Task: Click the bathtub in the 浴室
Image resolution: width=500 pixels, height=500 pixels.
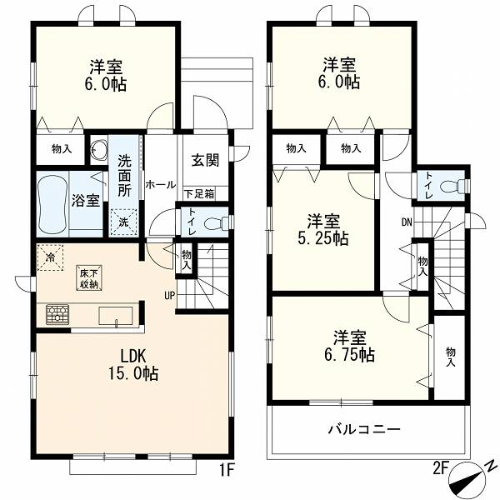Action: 52,204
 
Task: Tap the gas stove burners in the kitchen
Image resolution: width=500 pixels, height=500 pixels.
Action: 57,314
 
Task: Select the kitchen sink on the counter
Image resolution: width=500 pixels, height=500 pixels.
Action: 116,316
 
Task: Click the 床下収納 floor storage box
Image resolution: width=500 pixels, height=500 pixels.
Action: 89,277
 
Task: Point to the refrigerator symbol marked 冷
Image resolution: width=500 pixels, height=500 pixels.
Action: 50,257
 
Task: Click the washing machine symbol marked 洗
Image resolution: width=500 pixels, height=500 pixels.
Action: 123,222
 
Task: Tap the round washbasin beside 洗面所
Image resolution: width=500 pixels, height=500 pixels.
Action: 97,149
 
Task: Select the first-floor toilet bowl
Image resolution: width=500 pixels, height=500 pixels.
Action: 215,222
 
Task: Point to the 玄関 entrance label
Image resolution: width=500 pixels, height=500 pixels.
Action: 206,160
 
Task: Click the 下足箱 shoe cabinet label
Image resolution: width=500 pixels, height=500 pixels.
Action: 199,193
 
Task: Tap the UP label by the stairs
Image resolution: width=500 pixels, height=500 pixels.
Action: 169,296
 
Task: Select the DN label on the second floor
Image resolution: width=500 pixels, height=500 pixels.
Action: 407,222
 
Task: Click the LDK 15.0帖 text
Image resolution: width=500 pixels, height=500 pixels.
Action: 133,363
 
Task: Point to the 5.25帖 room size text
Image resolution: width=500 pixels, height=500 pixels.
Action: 323,238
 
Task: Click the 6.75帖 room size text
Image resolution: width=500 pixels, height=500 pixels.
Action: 349,354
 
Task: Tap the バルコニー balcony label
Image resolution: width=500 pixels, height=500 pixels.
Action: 364,429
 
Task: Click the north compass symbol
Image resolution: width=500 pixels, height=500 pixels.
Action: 468,477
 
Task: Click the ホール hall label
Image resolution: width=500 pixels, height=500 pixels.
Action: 161,185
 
